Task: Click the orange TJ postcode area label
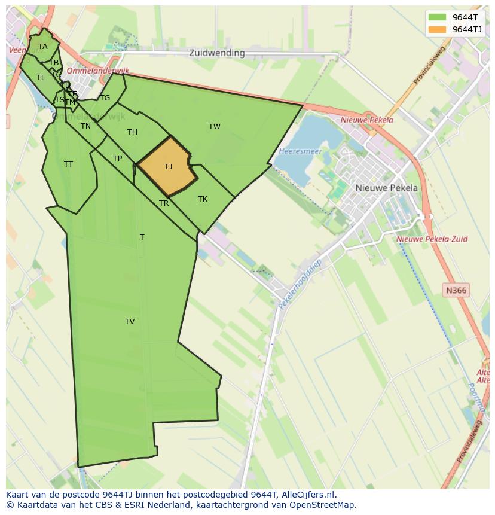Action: click(x=168, y=167)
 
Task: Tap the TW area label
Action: click(x=215, y=126)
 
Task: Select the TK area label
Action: click(x=203, y=199)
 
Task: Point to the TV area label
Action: click(x=130, y=322)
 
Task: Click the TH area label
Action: click(x=132, y=132)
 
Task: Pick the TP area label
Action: click(x=117, y=159)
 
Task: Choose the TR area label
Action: click(x=164, y=203)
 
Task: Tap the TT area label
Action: click(x=68, y=164)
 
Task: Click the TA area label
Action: click(x=42, y=47)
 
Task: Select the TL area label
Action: click(x=41, y=78)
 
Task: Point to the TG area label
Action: click(x=105, y=98)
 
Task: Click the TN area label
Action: click(x=86, y=126)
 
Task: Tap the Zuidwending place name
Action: click(x=217, y=53)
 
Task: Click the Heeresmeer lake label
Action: click(x=300, y=151)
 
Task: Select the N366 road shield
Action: click(x=456, y=291)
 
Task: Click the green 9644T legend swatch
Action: click(x=437, y=17)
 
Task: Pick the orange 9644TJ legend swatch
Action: click(x=437, y=29)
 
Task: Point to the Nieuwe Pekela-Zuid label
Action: click(x=432, y=239)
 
